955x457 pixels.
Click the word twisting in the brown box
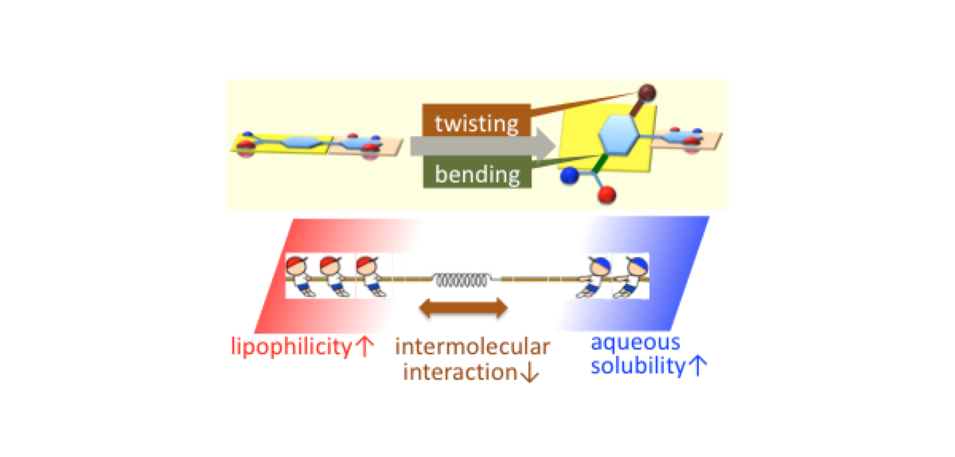pos(476,123)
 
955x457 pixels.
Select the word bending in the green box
pos(477,174)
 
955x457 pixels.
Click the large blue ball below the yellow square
pos(569,177)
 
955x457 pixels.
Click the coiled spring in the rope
pos(462,279)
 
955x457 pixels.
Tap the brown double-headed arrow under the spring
pos(463,308)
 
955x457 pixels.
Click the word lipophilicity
pos(289,348)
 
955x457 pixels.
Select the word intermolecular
pos(472,347)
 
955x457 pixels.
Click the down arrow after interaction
pos(530,372)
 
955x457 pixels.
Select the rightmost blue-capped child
pos(632,275)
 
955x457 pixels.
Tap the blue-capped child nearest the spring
pos(595,275)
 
